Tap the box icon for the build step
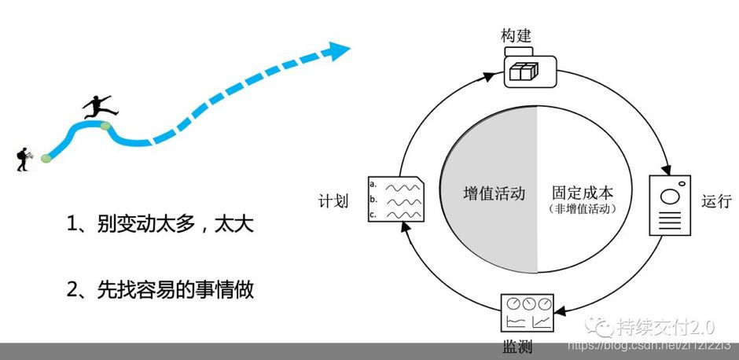[x=523, y=72]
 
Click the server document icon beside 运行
[x=669, y=205]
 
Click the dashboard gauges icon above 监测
[x=528, y=313]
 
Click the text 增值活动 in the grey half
[x=494, y=193]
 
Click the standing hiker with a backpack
[x=24, y=157]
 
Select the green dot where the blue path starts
[x=46, y=158]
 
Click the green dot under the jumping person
[x=105, y=125]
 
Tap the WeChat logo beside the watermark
[x=602, y=325]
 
